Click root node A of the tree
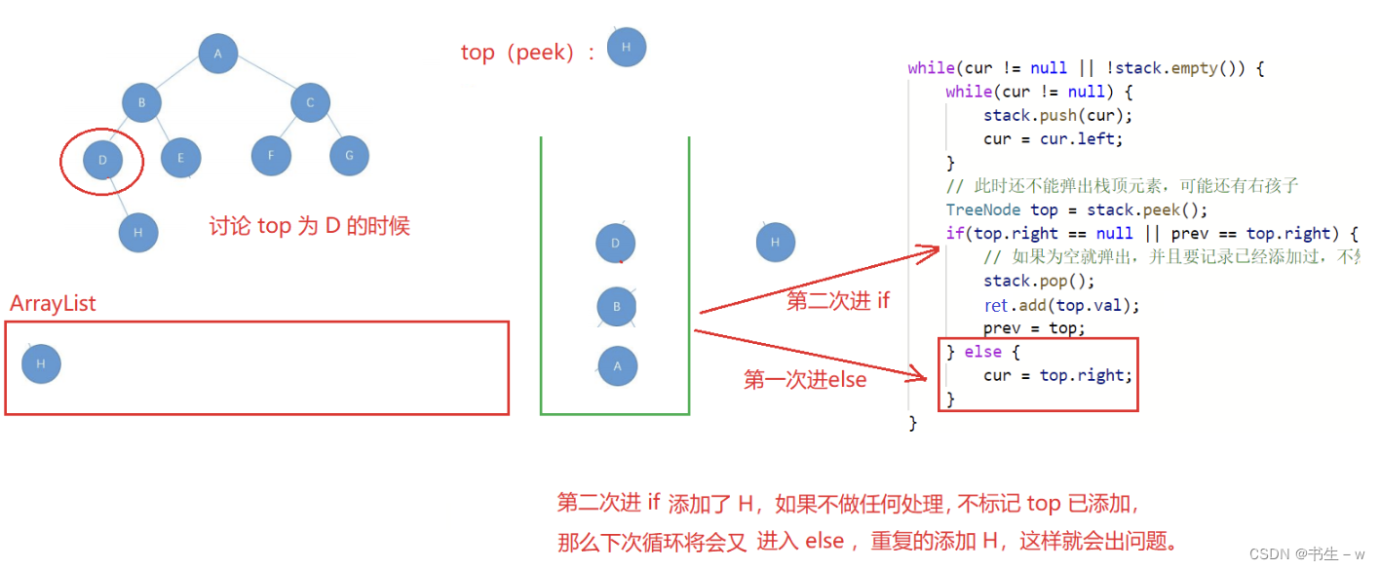click(218, 54)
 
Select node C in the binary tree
click(311, 102)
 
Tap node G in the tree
click(349, 156)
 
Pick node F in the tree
click(271, 156)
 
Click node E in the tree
click(181, 157)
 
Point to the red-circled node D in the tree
click(102, 160)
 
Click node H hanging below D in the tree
click(138, 233)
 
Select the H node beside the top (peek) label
click(627, 47)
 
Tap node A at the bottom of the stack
click(617, 366)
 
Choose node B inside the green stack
click(617, 307)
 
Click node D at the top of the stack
click(616, 244)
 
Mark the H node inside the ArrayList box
click(41, 363)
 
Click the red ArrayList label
click(53, 303)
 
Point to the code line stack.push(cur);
click(1058, 115)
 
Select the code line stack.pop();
click(1040, 281)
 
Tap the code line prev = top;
click(1034, 328)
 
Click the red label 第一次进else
click(805, 380)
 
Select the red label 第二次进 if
click(838, 301)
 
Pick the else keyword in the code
click(982, 352)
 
